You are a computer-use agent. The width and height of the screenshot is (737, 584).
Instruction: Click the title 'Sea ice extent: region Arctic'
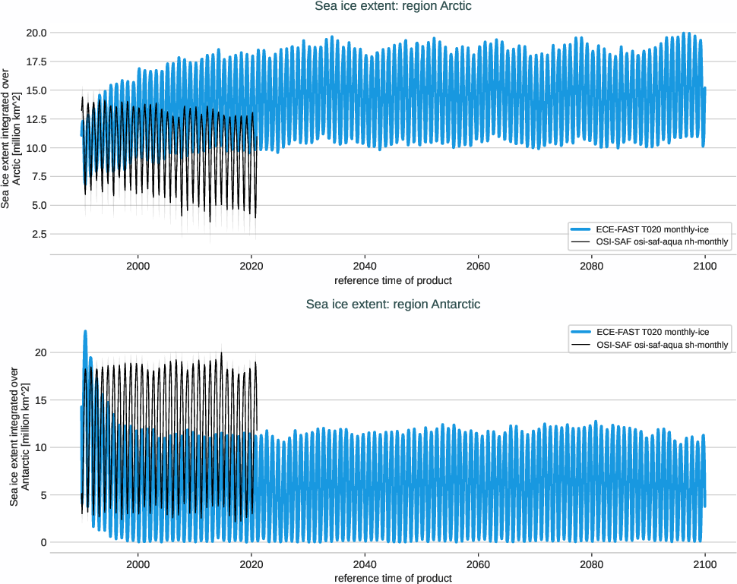(394, 6)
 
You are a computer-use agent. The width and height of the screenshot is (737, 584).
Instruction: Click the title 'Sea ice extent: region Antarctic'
(393, 305)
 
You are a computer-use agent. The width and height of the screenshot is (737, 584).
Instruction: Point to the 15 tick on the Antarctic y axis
(43, 400)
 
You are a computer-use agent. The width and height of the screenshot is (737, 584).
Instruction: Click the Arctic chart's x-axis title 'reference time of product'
(393, 280)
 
